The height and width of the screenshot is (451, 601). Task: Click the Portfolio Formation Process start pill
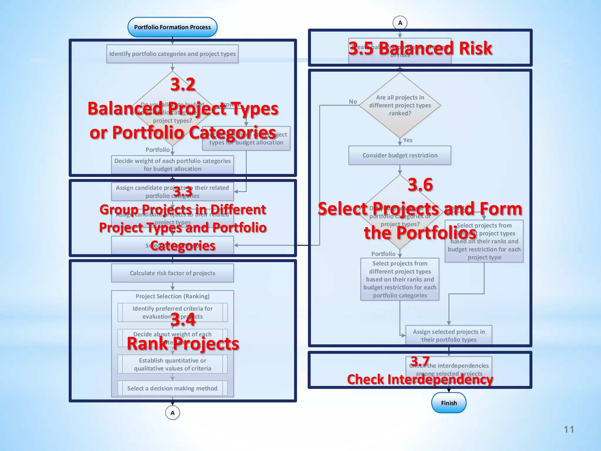pyautogui.click(x=172, y=27)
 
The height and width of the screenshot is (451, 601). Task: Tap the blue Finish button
pyautogui.click(x=449, y=403)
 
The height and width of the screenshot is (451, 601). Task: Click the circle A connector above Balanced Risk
pyautogui.click(x=400, y=23)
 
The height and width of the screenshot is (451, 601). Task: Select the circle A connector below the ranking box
pyautogui.click(x=173, y=413)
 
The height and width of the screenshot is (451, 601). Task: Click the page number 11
pyautogui.click(x=569, y=430)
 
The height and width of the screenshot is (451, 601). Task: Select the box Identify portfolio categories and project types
pyautogui.click(x=172, y=54)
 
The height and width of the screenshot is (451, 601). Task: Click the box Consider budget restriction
pyautogui.click(x=400, y=155)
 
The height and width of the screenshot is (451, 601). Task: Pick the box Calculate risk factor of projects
pyautogui.click(x=172, y=273)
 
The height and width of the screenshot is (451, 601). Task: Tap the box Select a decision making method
pyautogui.click(x=172, y=388)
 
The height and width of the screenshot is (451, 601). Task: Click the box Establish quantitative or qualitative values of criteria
pyautogui.click(x=172, y=364)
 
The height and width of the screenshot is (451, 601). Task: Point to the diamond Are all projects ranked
pyautogui.click(x=400, y=105)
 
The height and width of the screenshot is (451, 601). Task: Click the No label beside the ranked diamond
pyautogui.click(x=353, y=102)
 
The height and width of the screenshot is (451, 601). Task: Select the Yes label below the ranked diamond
pyautogui.click(x=408, y=140)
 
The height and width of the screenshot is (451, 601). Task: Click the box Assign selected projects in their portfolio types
pyautogui.click(x=449, y=335)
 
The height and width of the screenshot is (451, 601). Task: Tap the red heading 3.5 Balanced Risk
pyautogui.click(x=420, y=48)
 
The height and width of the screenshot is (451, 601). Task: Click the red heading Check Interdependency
pyautogui.click(x=420, y=379)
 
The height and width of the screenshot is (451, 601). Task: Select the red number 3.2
pyautogui.click(x=183, y=85)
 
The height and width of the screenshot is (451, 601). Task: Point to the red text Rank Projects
pyautogui.click(x=183, y=344)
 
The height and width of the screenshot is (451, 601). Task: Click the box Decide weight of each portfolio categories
pyautogui.click(x=172, y=165)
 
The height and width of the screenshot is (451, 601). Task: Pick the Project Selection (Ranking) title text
pyautogui.click(x=172, y=296)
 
